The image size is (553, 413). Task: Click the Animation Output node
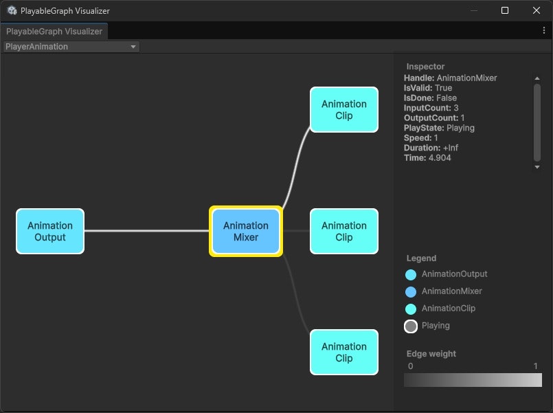[50, 232]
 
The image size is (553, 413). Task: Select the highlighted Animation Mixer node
[246, 232]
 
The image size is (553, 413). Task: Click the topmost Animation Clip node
[344, 110]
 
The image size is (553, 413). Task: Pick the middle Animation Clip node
[344, 232]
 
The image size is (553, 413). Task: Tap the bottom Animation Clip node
[344, 353]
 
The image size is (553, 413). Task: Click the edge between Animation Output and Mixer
[146, 231]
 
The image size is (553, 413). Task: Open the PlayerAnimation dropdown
[71, 47]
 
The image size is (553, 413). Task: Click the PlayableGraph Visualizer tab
[54, 32]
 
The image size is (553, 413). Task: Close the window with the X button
[537, 10]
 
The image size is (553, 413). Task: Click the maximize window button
[505, 10]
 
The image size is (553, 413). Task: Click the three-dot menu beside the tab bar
[544, 31]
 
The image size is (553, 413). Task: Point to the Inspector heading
[425, 67]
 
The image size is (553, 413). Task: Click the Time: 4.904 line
[427, 158]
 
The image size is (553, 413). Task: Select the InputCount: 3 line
[431, 108]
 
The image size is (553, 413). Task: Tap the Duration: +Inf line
[431, 148]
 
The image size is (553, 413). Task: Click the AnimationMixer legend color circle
[411, 292]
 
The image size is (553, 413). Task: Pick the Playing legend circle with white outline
[411, 326]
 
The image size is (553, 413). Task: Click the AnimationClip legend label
[449, 309]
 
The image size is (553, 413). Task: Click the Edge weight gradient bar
[473, 380]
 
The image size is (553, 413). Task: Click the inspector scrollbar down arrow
[537, 167]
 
